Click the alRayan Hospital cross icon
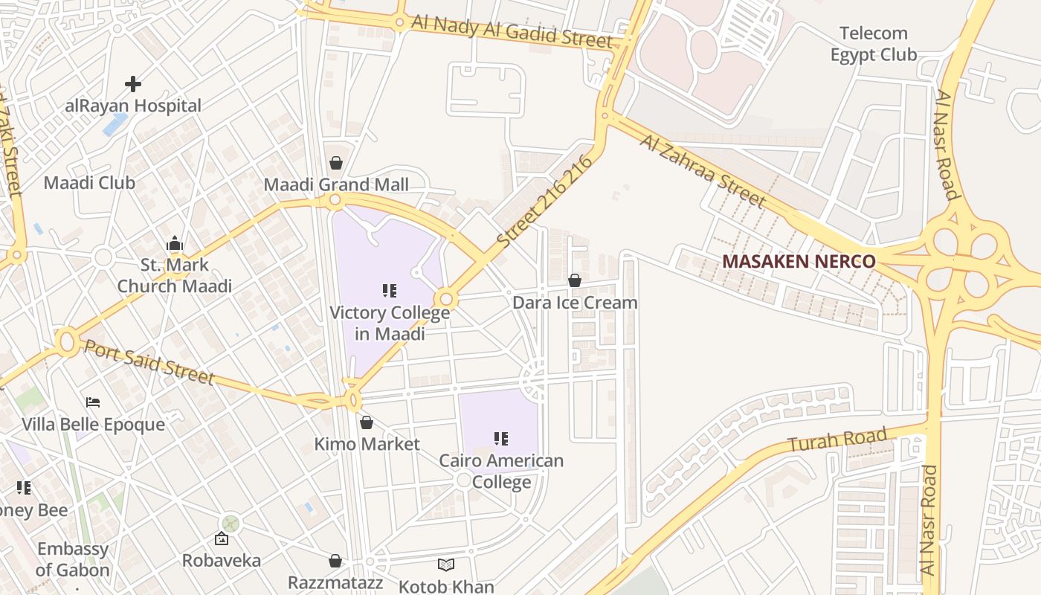(133, 84)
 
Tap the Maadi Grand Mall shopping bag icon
(336, 163)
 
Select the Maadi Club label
(89, 182)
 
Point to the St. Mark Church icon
(175, 243)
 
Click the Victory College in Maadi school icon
(390, 290)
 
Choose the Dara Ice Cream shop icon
(575, 280)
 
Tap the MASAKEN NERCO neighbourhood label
(799, 262)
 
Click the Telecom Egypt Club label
(874, 44)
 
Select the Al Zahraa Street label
(702, 171)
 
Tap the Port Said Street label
(149, 362)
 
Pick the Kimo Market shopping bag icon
(367, 422)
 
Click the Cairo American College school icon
(501, 439)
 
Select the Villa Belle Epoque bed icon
(93, 402)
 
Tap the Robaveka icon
(222, 539)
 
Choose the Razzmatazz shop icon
(335, 560)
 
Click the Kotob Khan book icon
(445, 565)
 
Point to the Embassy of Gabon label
(73, 559)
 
